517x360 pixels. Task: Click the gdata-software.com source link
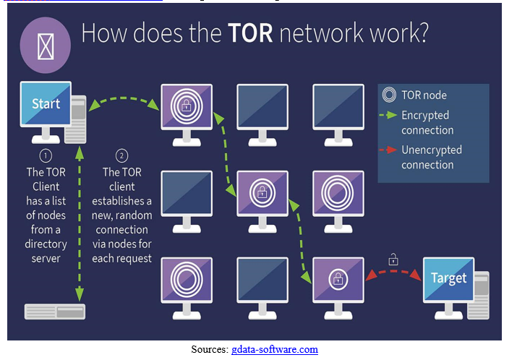coord(275,350)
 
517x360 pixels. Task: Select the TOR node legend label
coord(424,95)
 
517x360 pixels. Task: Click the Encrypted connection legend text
coord(427,123)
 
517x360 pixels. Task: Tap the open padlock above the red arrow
coord(394,258)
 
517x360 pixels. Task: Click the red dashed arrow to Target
coord(394,275)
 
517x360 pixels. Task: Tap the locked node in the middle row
coord(260,192)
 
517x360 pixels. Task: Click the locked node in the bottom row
coord(336,278)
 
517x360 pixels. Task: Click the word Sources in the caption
coord(210,350)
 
